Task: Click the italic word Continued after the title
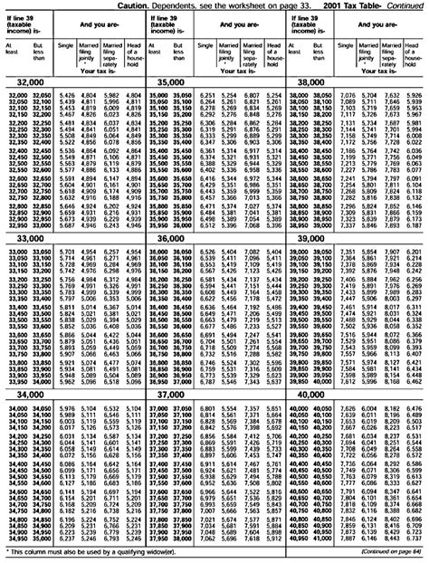pyautogui.click(x=405, y=5)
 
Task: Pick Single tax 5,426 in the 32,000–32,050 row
pyautogui.click(x=65, y=94)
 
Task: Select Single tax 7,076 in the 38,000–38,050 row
pyautogui.click(x=348, y=94)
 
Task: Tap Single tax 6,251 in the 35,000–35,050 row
pyautogui.click(x=207, y=94)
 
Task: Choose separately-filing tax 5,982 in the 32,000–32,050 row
pyautogui.click(x=111, y=94)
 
